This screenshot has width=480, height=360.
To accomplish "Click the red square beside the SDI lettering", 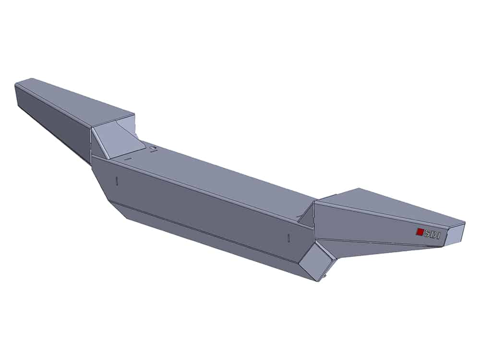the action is point(419,232).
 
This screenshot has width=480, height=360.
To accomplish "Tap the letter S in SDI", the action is point(427,234).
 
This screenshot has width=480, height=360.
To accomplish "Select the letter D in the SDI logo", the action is point(433,235).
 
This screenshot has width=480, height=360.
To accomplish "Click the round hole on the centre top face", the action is point(152,148).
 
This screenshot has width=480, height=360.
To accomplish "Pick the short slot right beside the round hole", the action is point(154,151).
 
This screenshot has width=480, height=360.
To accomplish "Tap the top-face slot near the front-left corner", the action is point(127,158).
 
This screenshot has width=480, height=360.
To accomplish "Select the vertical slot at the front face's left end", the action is point(117,181).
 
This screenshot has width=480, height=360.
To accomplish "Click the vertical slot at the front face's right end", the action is point(288,238).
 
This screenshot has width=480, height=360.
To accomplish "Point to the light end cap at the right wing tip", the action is point(455,233).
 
